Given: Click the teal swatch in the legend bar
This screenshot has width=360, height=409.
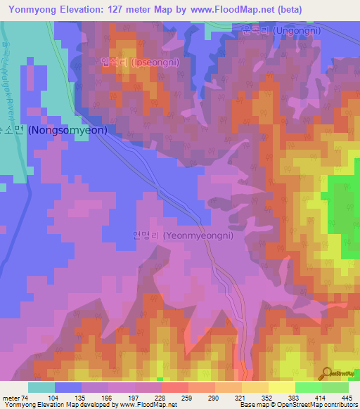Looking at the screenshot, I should point(41,387).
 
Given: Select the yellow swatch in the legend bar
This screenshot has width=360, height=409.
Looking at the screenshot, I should point(281,387).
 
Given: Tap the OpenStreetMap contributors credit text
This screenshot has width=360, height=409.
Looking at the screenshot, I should point(321,405).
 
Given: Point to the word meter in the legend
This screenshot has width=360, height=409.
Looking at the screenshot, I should point(12,397).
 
